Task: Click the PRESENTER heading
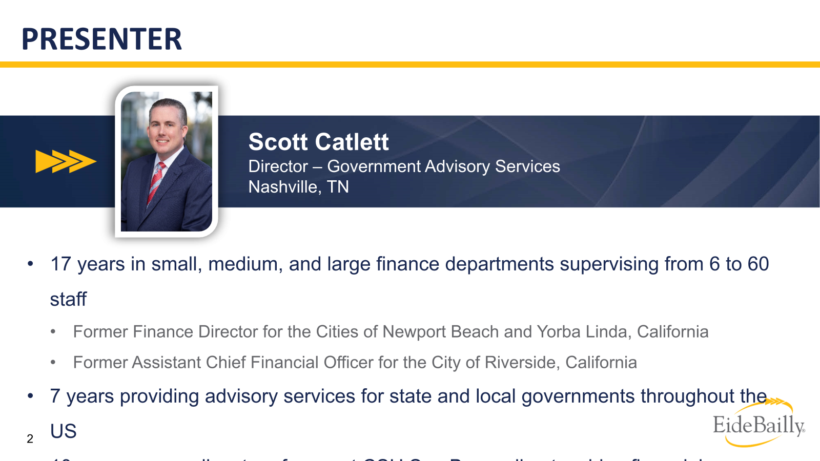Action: pos(101,39)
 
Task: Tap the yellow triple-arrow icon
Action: pos(65,161)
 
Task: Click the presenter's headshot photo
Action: pos(167,161)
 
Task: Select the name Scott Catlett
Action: pos(318,142)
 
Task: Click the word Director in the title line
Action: pos(278,166)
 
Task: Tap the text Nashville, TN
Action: pos(298,187)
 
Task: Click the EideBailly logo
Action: pos(758,424)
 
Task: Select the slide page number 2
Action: pos(30,439)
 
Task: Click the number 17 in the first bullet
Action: pos(60,264)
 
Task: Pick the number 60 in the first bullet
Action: pos(758,264)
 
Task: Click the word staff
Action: pos(68,300)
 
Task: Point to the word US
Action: pos(63,431)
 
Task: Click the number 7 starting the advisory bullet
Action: pos(55,396)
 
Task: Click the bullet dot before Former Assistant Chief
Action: pos(53,363)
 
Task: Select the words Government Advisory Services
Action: pos(443,166)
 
